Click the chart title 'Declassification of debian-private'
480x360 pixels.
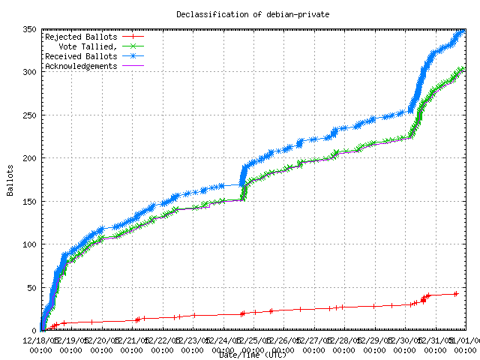(x=240, y=14)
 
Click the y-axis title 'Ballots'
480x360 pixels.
(x=10, y=180)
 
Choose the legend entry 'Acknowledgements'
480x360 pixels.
(x=81, y=66)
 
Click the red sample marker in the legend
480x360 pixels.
(x=132, y=36)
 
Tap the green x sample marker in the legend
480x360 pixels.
(x=132, y=46)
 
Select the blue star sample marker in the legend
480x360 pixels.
(x=132, y=56)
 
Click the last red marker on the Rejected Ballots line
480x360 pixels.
(x=456, y=293)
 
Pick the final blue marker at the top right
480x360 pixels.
(x=462, y=31)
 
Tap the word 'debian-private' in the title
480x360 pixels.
(x=278, y=14)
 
